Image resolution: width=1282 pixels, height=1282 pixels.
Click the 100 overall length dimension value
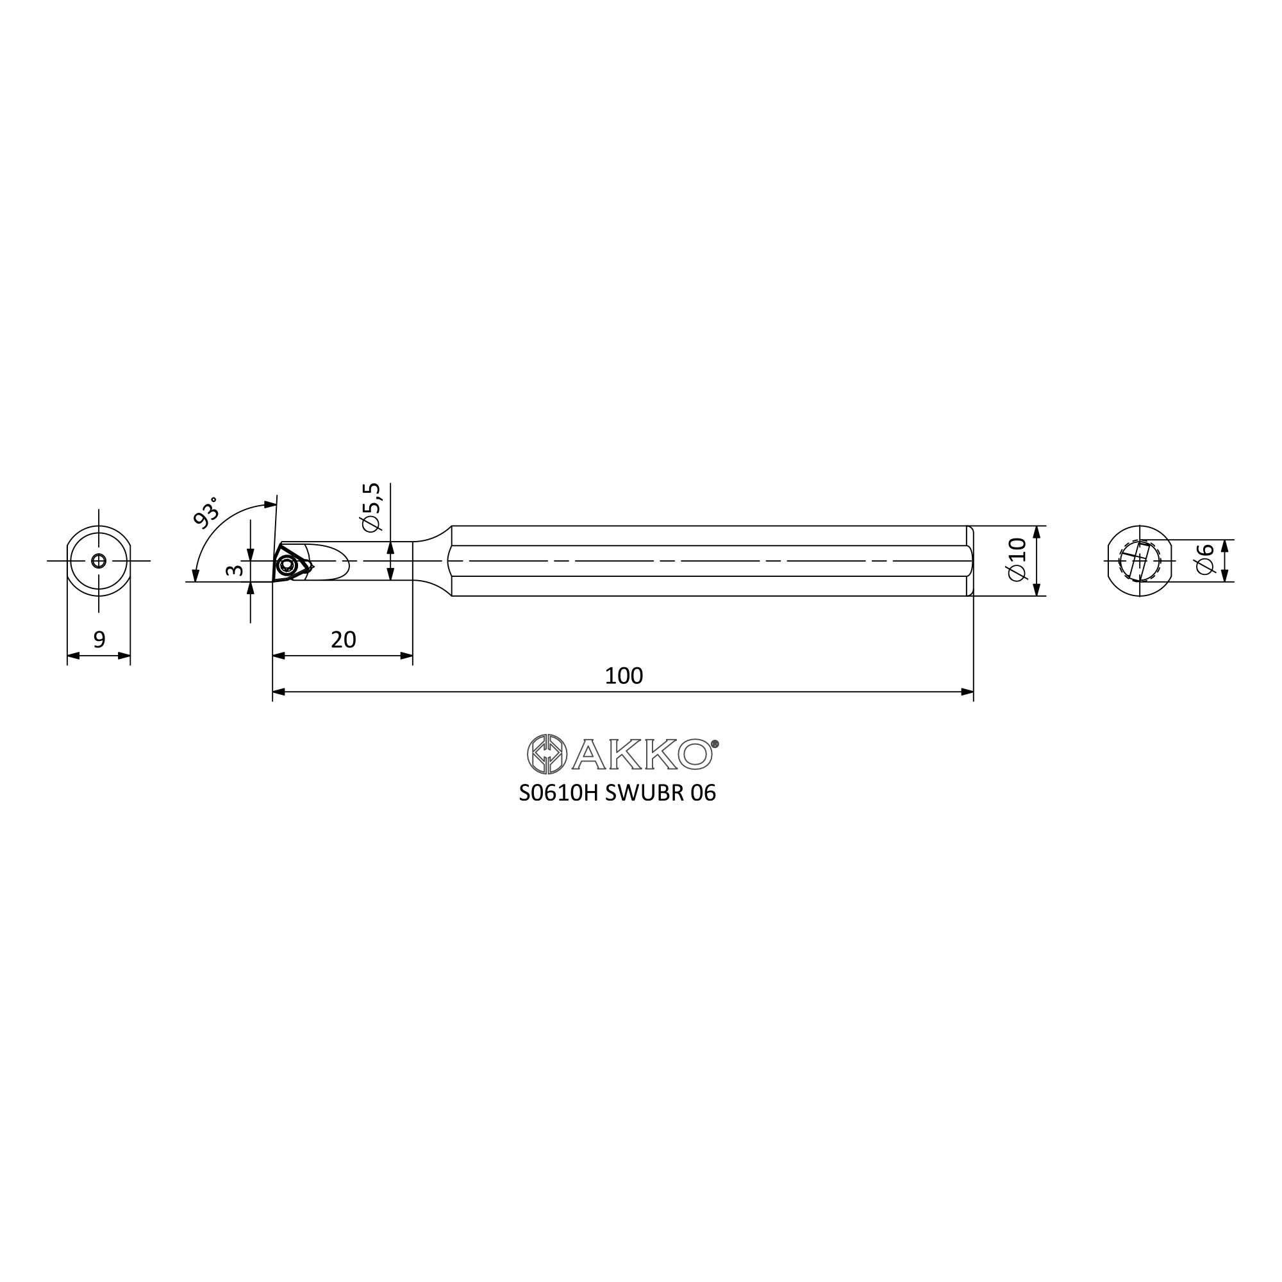tap(624, 676)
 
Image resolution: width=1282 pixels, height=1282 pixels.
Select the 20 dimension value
tap(343, 640)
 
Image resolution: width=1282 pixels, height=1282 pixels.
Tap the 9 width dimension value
tap(99, 640)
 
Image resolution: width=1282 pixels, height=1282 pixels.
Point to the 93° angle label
tap(205, 512)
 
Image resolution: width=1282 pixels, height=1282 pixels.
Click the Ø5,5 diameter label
tap(372, 507)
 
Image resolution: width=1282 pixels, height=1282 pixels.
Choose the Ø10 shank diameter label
tap(1017, 560)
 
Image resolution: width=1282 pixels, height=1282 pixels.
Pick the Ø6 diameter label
tap(1204, 559)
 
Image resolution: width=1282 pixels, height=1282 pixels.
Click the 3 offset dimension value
tap(234, 570)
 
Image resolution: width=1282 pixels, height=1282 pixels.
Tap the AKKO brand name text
tap(644, 754)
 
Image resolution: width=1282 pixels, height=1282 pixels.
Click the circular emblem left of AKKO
tap(547, 754)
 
